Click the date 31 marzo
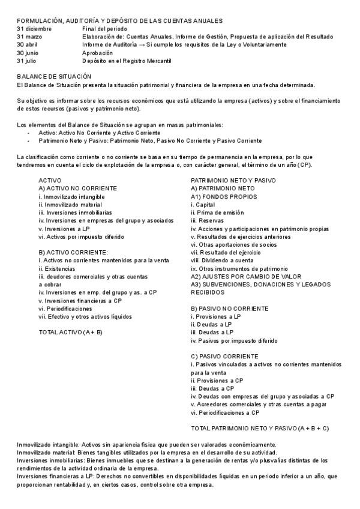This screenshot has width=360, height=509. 31,37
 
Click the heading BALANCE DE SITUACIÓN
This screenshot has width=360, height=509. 54,77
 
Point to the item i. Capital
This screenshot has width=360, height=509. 203,204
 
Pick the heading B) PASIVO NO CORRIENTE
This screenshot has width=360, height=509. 230,308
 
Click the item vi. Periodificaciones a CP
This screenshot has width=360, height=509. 225,412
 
